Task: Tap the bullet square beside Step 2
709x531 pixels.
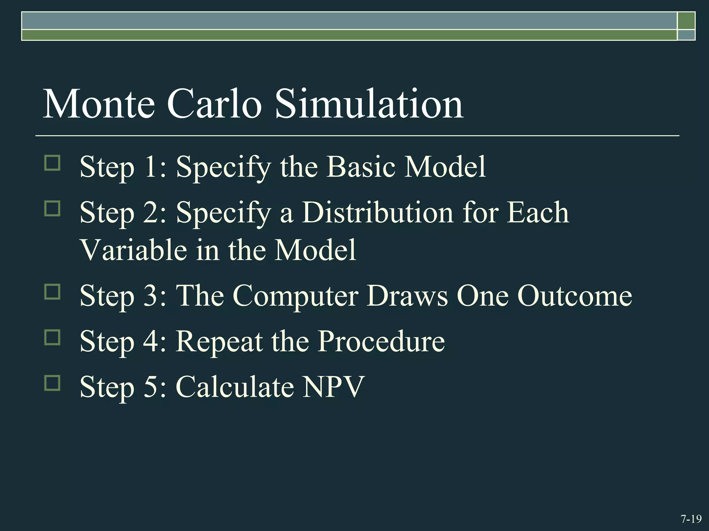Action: [x=52, y=208]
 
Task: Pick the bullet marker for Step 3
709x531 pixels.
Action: [x=52, y=291]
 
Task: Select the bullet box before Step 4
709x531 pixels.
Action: [x=52, y=337]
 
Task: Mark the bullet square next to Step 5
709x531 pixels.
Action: [x=52, y=383]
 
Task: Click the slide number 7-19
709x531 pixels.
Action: [x=691, y=519]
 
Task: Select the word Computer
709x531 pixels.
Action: [x=296, y=296]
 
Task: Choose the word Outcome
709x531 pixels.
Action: [x=575, y=296]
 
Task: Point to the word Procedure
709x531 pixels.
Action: [x=381, y=342]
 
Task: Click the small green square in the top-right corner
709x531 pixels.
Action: [x=686, y=21]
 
